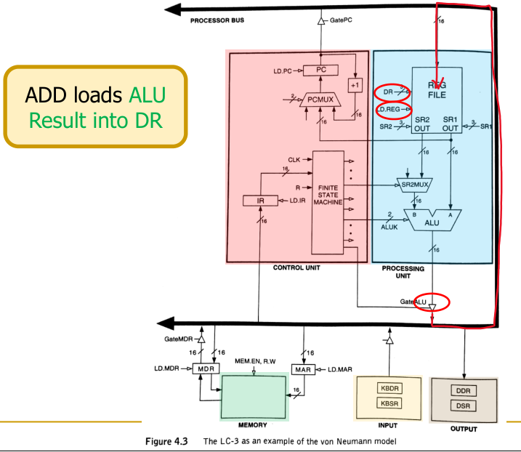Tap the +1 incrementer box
[x=355, y=84]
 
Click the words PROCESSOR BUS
[x=217, y=20]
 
